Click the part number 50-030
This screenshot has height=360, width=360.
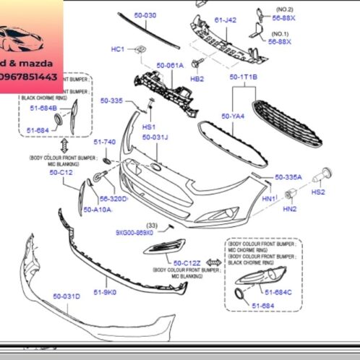click(x=145, y=15)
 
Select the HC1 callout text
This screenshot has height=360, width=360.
click(x=118, y=49)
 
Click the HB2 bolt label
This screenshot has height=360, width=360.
click(x=197, y=78)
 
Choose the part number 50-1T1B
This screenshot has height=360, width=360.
click(x=244, y=77)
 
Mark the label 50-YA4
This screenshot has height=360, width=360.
click(x=233, y=116)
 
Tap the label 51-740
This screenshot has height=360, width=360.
click(x=105, y=142)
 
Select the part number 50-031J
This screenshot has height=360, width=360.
click(x=155, y=137)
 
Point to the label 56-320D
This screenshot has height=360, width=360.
click(x=113, y=198)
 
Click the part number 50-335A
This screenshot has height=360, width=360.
click(x=288, y=176)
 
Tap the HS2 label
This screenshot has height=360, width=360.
click(x=317, y=192)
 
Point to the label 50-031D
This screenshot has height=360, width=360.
click(x=67, y=296)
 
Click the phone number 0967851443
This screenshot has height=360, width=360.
click(x=31, y=75)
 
